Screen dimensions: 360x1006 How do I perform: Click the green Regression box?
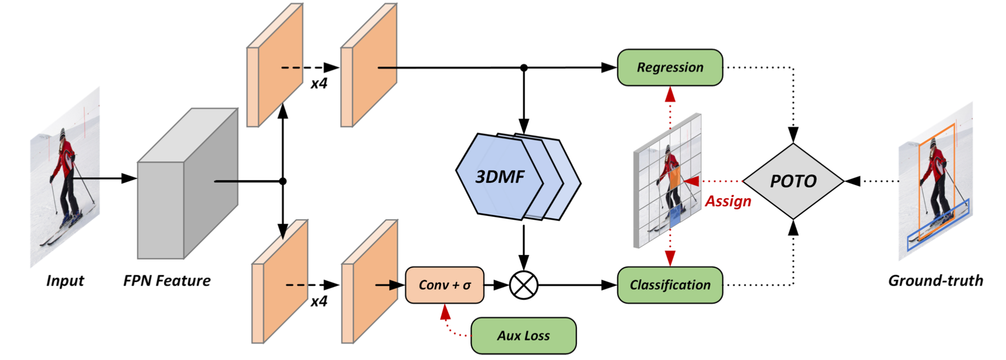[x=669, y=67]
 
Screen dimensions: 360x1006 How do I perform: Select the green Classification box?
[x=669, y=285]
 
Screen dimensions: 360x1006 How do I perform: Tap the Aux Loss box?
[x=523, y=336]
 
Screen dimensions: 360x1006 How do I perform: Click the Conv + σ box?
[x=444, y=285]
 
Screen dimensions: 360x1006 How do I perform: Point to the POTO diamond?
[x=793, y=181]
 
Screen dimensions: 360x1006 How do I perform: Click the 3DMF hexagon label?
[x=500, y=177]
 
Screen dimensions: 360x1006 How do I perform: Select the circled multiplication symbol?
[x=523, y=285]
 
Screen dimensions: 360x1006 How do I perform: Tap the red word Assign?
[x=728, y=201]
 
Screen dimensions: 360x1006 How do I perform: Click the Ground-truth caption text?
[x=935, y=280]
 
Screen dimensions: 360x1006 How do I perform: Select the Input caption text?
[x=65, y=280]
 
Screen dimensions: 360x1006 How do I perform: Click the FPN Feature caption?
[x=167, y=280]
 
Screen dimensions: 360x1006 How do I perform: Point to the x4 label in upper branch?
[x=319, y=83]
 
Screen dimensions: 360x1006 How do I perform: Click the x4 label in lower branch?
[x=319, y=301]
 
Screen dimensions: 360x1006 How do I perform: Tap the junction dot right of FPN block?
[x=283, y=181]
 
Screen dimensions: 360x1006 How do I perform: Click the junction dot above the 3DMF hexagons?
[x=523, y=68]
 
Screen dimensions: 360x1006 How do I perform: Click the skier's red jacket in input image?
[x=66, y=157]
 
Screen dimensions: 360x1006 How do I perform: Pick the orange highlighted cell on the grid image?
[x=674, y=178]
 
